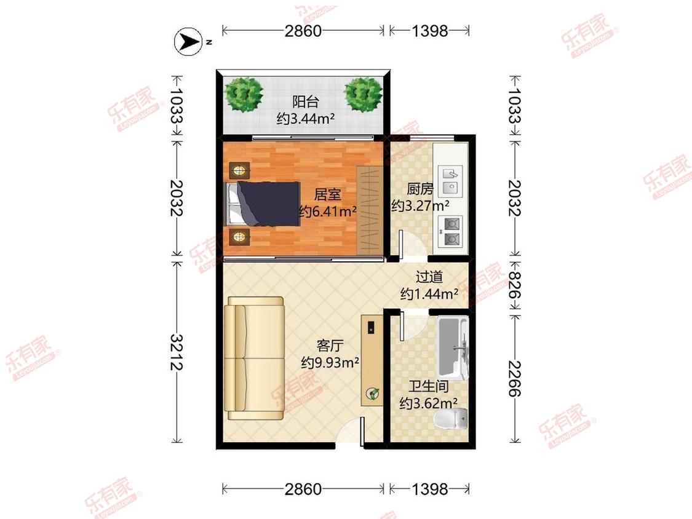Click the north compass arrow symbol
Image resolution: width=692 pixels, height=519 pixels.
coord(189,41)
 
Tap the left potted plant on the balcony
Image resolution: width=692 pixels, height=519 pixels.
coord(244,95)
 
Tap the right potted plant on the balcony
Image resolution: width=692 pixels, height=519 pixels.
coord(363,95)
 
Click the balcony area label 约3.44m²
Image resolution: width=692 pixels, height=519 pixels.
coord(305,118)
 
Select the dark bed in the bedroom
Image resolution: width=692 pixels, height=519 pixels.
coord(263,204)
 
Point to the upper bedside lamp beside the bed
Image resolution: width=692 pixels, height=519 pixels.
coord(239,170)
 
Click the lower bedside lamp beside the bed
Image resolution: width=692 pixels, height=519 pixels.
coord(239,237)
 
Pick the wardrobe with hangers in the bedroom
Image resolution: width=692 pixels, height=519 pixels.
coord(370,210)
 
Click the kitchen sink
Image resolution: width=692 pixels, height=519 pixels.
coord(450,181)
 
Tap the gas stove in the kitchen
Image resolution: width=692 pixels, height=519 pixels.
coord(450,231)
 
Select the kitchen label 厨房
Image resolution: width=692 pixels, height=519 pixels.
coord(420,189)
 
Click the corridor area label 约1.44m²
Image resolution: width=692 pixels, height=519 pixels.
coord(429,293)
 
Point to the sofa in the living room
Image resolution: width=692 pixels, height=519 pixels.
coord(255,358)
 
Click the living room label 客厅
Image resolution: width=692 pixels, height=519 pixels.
coord(330,346)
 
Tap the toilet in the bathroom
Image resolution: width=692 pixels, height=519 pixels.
coord(451,418)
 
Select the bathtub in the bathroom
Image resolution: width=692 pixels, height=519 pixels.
coord(452,348)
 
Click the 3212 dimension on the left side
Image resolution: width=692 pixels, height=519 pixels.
coord(177,352)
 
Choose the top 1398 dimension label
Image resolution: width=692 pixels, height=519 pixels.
coord(429,31)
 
